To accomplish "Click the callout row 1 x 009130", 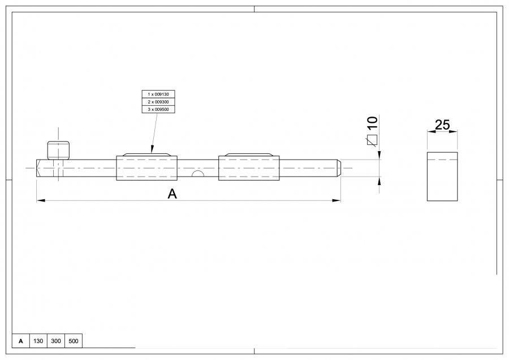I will [x=158, y=94].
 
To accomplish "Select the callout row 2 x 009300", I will [x=158, y=101].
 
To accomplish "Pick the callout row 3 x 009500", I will [x=158, y=109].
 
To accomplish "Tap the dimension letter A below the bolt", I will [x=172, y=194].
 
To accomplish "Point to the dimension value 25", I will [x=442, y=125].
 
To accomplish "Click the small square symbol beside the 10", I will [x=372, y=140].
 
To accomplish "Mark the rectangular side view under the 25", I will [x=442, y=177].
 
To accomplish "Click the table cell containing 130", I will [x=38, y=341].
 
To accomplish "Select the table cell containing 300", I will [x=56, y=341].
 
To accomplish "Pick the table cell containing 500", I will [x=74, y=341].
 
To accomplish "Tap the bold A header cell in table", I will [x=21, y=341].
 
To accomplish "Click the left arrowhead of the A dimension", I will [x=40, y=200].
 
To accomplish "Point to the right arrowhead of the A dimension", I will [x=338, y=200].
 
